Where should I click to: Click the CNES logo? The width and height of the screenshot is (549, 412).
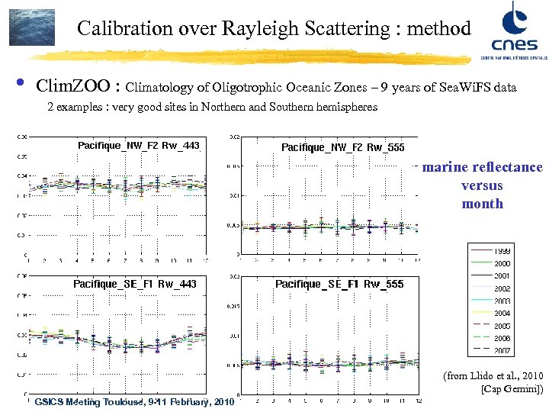click(508, 31)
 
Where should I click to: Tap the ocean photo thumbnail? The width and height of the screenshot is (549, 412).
click(32, 27)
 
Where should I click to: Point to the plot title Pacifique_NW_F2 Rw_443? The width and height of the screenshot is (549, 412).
click(139, 145)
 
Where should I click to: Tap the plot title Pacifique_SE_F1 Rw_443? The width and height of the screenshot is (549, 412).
click(134, 284)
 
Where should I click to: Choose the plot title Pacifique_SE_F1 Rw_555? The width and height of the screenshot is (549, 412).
click(339, 284)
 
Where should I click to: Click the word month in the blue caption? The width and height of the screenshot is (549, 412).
click(482, 204)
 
